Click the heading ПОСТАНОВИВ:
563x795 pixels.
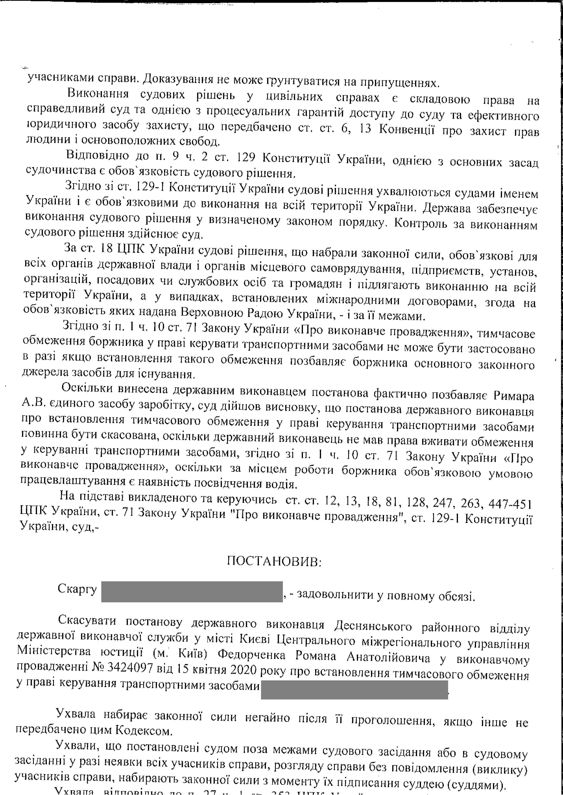pyautogui.click(x=274, y=561)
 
